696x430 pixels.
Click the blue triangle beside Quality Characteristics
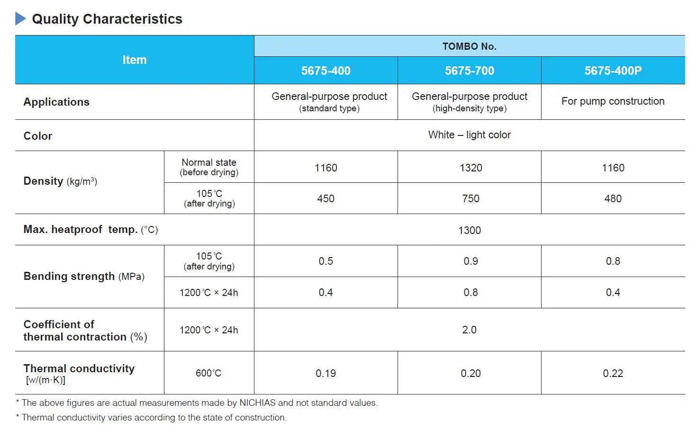(x=20, y=19)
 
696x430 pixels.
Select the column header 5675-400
(x=325, y=71)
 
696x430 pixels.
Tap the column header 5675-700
(x=469, y=71)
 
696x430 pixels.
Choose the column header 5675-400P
(x=613, y=71)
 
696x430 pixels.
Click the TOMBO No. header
(x=469, y=46)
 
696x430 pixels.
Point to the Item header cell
(x=135, y=60)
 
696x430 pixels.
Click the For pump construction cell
(x=613, y=101)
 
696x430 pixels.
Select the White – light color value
(x=469, y=135)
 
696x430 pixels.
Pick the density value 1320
(x=470, y=168)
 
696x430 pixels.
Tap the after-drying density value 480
(x=613, y=199)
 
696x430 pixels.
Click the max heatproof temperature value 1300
(x=469, y=230)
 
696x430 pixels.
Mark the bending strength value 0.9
(x=470, y=261)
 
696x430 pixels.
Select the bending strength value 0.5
(x=325, y=261)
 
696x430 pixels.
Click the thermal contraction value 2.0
(x=469, y=330)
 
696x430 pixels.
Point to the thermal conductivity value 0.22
(x=613, y=374)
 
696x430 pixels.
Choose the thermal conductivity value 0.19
(x=325, y=374)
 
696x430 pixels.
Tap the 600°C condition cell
(x=208, y=373)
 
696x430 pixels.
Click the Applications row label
(x=56, y=102)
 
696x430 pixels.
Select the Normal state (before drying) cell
(x=209, y=167)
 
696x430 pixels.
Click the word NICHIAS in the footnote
(x=257, y=403)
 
